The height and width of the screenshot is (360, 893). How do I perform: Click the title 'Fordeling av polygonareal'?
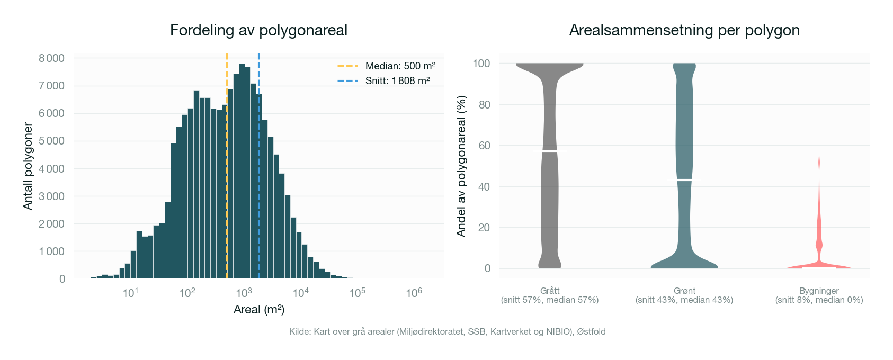(258, 30)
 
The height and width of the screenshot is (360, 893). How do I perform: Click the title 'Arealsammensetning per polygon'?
(684, 30)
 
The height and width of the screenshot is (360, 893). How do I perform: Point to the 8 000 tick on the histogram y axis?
(51, 58)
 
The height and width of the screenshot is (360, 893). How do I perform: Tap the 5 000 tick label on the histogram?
(51, 141)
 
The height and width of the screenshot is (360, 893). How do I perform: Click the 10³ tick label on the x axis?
(244, 293)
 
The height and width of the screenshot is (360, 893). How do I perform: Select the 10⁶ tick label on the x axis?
(414, 293)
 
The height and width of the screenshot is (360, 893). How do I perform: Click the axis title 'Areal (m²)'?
(258, 310)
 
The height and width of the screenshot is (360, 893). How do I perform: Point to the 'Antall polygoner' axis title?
(28, 167)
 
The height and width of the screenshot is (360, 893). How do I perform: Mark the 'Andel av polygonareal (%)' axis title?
(461, 166)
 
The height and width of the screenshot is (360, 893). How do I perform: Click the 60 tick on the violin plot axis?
(484, 146)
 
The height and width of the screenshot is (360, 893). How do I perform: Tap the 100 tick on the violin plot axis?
(481, 64)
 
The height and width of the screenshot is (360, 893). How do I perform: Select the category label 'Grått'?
(550, 291)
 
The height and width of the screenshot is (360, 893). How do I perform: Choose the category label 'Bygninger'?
(819, 291)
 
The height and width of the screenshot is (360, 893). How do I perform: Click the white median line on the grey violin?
(550, 151)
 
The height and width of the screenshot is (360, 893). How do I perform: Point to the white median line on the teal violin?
(684, 180)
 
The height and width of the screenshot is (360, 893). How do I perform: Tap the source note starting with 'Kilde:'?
(447, 332)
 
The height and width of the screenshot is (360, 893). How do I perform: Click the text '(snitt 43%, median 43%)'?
(684, 300)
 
